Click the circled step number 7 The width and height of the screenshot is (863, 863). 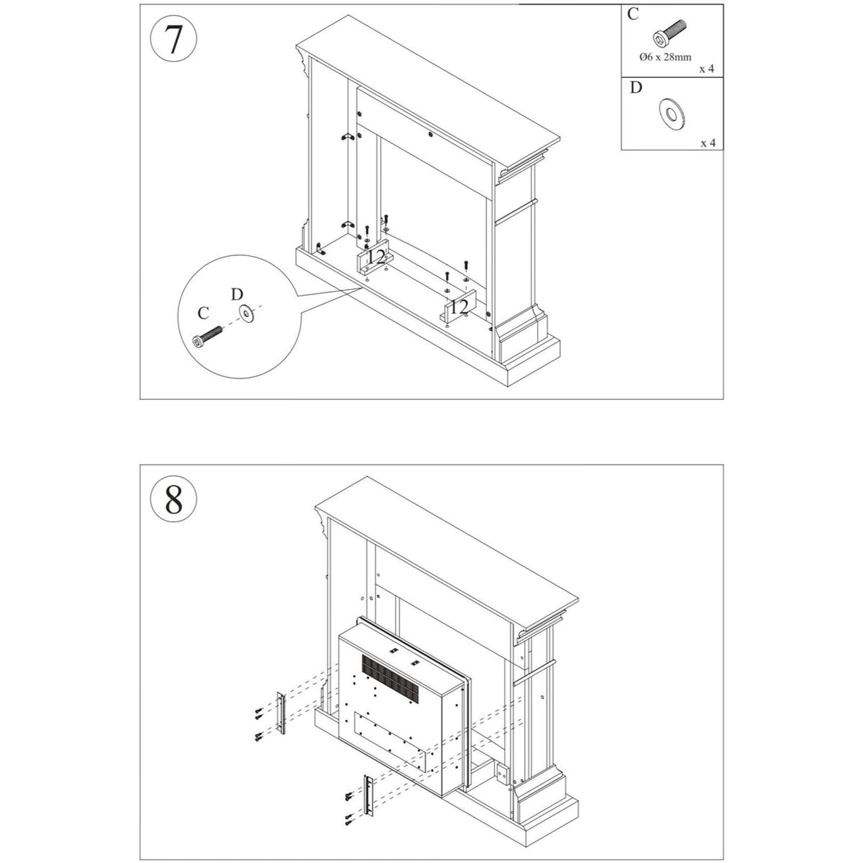[x=173, y=40]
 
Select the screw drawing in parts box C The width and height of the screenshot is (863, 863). [x=670, y=33]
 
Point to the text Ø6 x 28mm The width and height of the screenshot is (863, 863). [x=665, y=57]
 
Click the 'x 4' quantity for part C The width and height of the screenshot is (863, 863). [x=707, y=69]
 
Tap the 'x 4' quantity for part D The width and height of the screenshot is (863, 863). [x=708, y=143]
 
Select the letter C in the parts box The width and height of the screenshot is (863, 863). [x=633, y=14]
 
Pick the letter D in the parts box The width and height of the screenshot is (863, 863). [x=635, y=87]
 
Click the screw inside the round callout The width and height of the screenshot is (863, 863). [x=207, y=337]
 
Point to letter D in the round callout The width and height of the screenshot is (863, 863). [x=237, y=295]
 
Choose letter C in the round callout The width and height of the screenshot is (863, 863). [x=203, y=313]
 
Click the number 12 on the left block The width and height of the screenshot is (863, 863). [x=376, y=257]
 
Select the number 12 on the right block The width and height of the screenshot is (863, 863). [x=459, y=307]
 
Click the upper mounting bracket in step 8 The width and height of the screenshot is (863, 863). [x=281, y=713]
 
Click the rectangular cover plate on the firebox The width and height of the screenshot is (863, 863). [x=392, y=741]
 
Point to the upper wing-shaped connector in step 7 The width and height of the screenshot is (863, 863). [x=347, y=137]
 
